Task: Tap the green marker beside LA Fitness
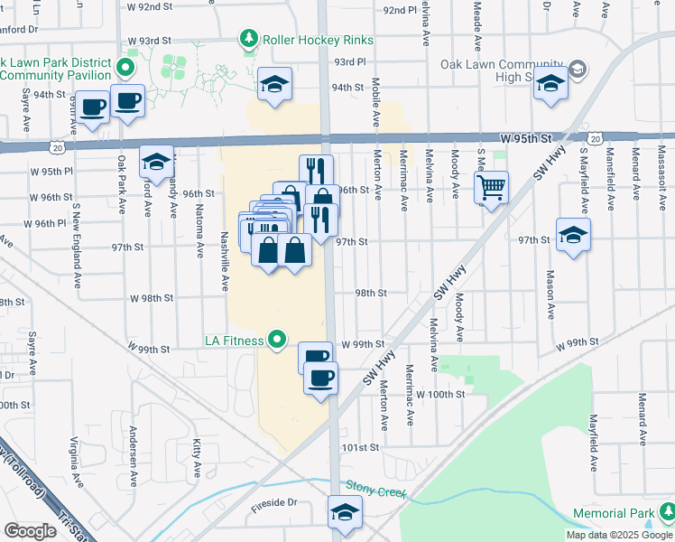[278, 340]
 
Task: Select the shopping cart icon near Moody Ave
[491, 188]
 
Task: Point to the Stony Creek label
[377, 490]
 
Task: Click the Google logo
[30, 531]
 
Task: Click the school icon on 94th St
[274, 85]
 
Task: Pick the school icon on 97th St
[572, 235]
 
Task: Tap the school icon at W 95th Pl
[156, 162]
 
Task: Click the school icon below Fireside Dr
[345, 512]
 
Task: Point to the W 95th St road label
[525, 138]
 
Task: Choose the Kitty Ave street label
[197, 458]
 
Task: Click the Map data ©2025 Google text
[619, 535]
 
